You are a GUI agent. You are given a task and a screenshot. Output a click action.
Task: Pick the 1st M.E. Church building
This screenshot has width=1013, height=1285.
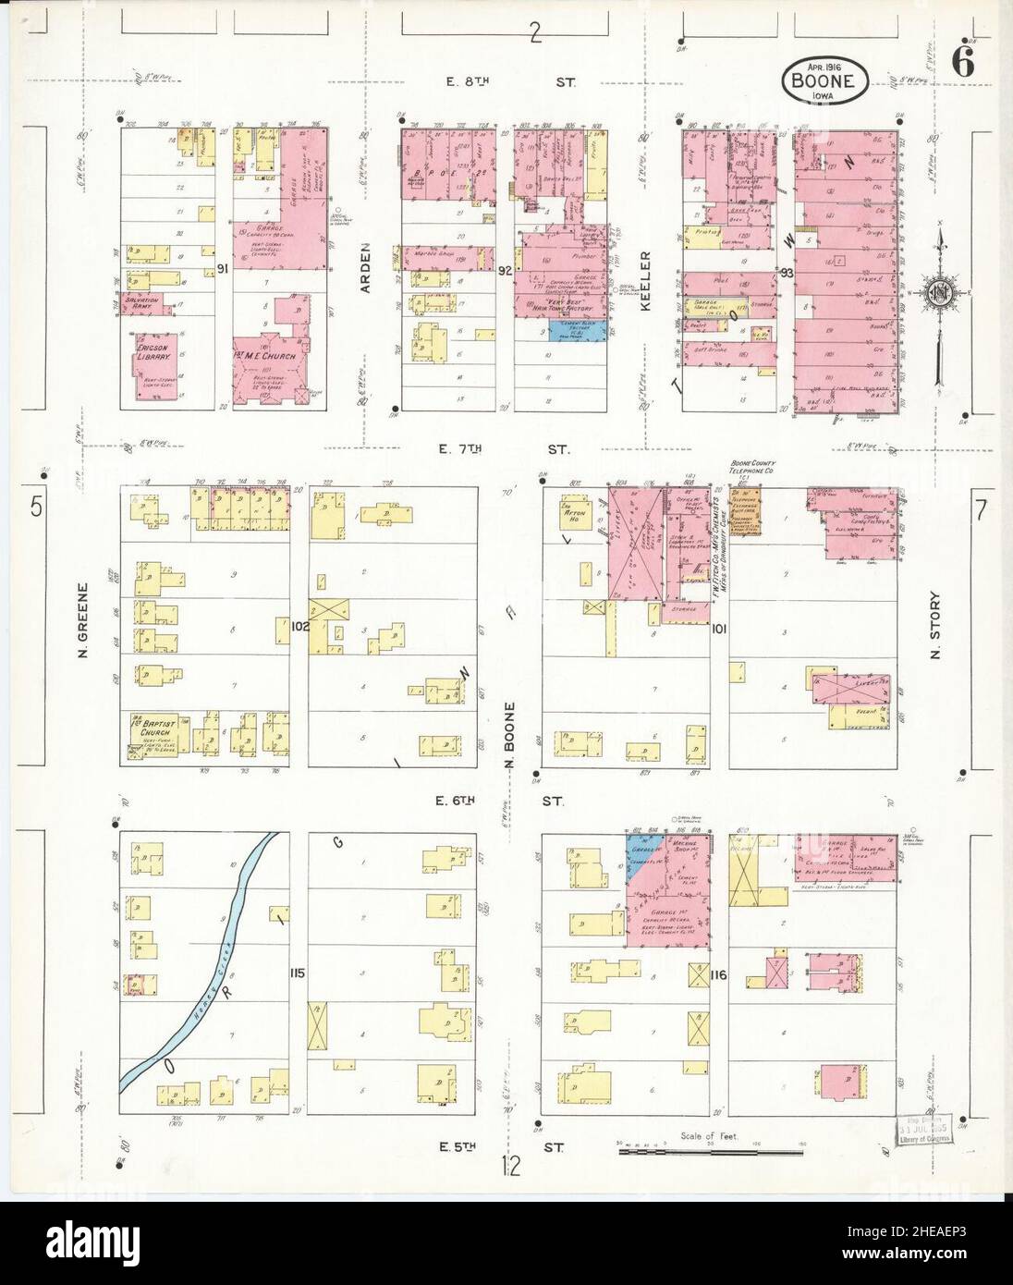coord(270,357)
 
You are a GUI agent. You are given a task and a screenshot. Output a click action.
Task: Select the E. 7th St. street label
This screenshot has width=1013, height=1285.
coord(506,450)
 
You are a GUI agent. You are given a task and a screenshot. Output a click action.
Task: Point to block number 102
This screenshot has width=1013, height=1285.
coord(299,626)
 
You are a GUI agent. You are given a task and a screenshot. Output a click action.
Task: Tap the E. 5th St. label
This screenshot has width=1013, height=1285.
coord(506,1147)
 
